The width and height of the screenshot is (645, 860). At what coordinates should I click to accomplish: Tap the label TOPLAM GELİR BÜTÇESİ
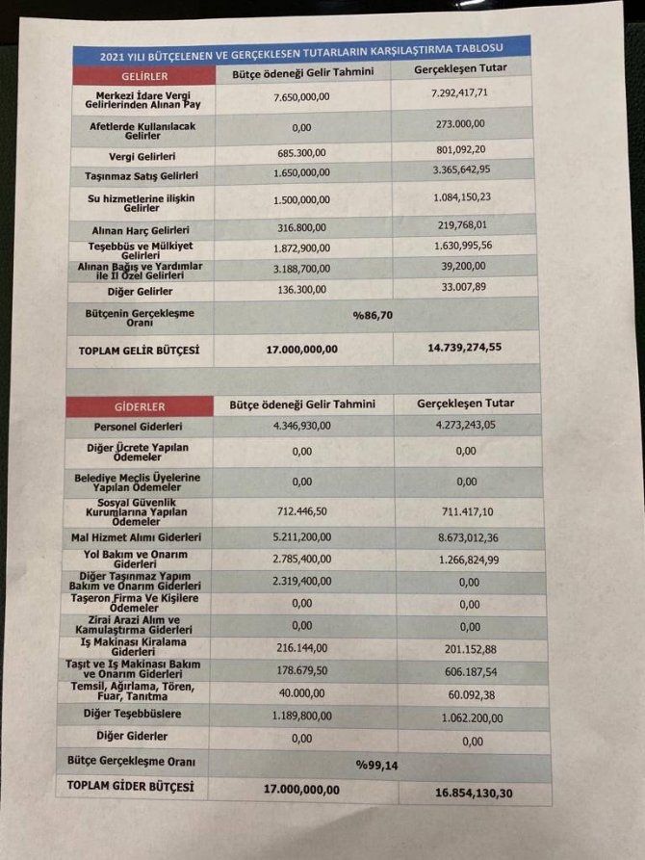(x=139, y=351)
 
